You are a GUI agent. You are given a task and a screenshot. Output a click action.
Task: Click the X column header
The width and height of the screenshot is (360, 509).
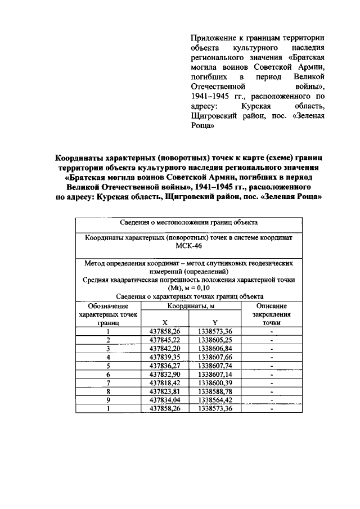(165, 323)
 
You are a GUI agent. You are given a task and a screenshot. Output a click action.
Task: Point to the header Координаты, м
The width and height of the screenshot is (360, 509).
(190, 307)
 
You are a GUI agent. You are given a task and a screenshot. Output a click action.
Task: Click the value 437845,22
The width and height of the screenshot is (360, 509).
(165, 340)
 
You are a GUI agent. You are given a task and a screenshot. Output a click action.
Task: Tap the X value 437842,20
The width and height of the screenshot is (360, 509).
(165, 349)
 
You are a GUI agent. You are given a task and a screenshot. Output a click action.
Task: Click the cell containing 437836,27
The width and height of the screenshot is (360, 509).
(165, 366)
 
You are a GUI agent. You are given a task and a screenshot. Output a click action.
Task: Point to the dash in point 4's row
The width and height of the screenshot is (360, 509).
(271, 357)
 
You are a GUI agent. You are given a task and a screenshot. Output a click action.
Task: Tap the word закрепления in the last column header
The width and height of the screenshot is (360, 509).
(271, 315)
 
